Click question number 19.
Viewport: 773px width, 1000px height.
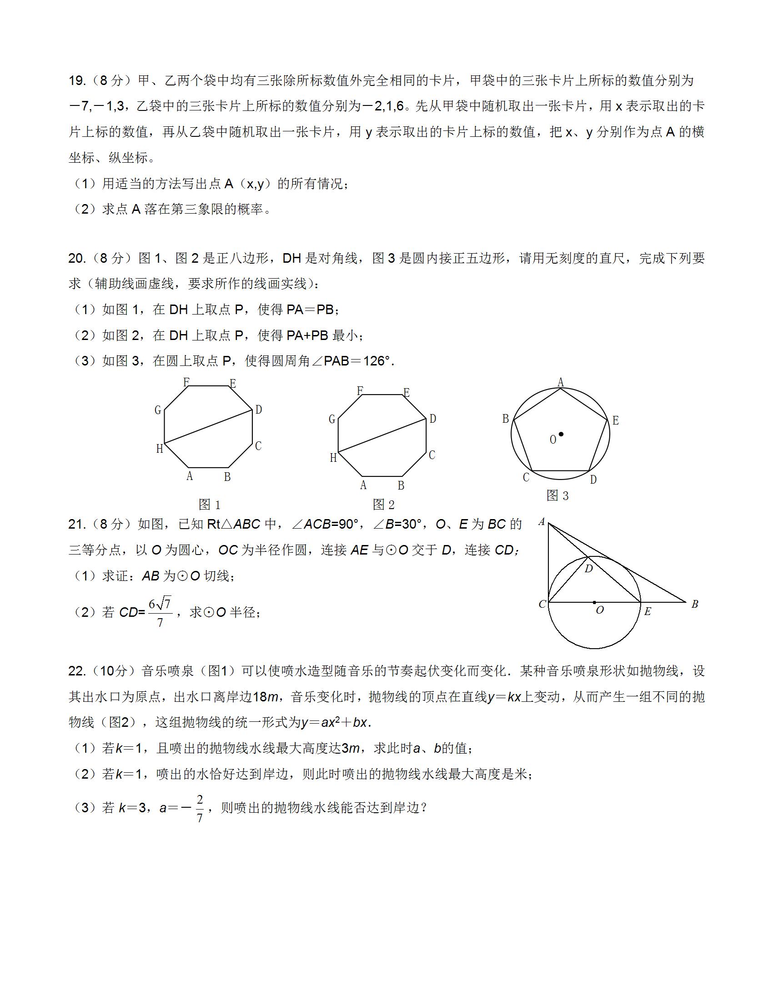pos(77,80)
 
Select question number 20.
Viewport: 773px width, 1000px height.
pos(77,258)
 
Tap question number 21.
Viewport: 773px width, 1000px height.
pos(77,524)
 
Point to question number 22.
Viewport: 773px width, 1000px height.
pos(77,671)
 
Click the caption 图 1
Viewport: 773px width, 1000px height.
pos(210,505)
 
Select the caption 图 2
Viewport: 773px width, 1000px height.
pos(384,505)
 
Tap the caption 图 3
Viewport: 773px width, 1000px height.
pos(557,495)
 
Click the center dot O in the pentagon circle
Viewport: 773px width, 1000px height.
pos(561,434)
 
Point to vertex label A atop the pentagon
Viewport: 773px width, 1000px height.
pos(561,382)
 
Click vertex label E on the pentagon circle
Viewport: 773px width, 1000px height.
pos(616,420)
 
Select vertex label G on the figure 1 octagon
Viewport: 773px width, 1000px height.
pos(158,410)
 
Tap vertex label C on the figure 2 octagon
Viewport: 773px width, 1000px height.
pos(432,455)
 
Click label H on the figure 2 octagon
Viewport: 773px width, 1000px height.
pos(333,457)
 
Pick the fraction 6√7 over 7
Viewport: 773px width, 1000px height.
pos(160,612)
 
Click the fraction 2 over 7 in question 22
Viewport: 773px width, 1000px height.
pos(200,809)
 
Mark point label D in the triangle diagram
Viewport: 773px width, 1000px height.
pos(589,569)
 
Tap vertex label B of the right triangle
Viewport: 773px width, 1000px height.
pos(695,604)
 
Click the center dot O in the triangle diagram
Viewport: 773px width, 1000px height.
pos(594,602)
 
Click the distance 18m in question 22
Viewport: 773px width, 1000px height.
pos(266,697)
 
